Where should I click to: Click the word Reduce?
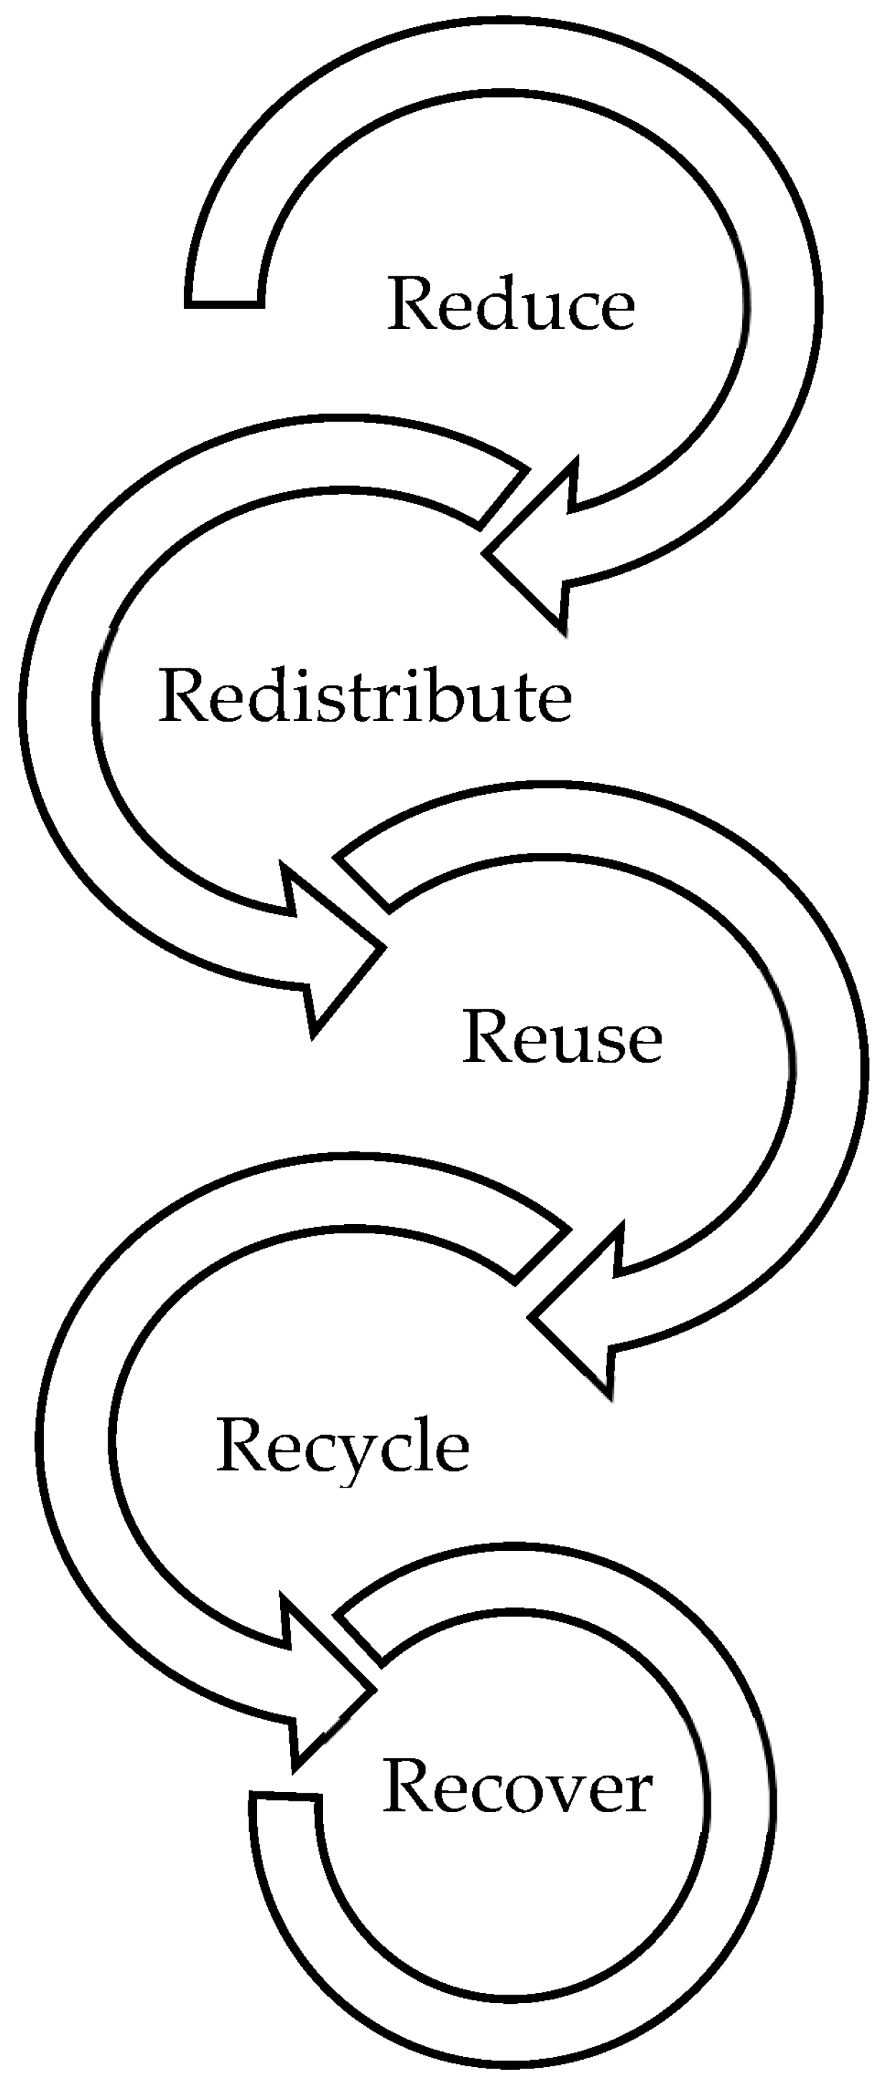pos(511,304)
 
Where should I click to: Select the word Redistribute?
pos(365,696)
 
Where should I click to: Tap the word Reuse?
pos(562,1037)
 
